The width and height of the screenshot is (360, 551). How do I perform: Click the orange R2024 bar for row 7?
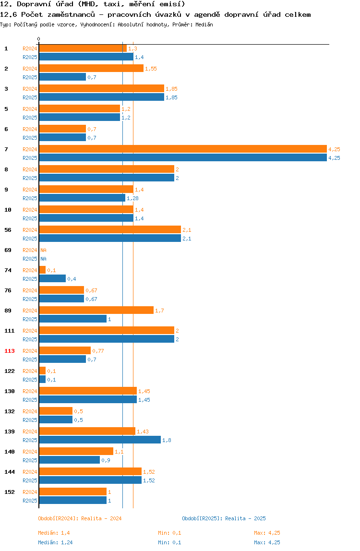coord(183,149)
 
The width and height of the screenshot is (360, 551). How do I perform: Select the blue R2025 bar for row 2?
coord(62,77)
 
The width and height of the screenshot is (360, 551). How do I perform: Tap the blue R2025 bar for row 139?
coord(100,440)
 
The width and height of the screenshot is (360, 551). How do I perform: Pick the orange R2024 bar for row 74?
coord(42,270)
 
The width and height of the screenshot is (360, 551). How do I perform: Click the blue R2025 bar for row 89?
coord(73,319)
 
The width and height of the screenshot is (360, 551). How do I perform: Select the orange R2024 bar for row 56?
coord(110,229)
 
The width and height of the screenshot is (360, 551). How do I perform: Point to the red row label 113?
coord(10,351)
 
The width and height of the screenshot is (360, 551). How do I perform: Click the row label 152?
coord(10,492)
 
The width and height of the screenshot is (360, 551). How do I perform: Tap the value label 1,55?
coord(151,69)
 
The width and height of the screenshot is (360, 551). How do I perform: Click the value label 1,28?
coord(132,198)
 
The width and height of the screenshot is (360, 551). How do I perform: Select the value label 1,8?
coord(167,440)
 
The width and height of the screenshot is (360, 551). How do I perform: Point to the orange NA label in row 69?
coord(43,250)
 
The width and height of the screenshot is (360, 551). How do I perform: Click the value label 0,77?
coord(98,351)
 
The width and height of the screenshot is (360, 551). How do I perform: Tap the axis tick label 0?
coord(39,39)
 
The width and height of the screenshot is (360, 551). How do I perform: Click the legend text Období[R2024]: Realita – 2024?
coord(80,518)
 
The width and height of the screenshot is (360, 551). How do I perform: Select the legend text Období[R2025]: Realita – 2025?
coord(224,518)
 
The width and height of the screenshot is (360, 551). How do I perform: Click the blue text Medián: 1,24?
coord(55,542)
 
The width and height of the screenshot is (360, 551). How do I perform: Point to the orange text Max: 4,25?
coord(267,533)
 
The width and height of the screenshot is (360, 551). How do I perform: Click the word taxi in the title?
coord(112,4)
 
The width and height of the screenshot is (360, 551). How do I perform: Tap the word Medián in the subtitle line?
coord(204,24)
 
